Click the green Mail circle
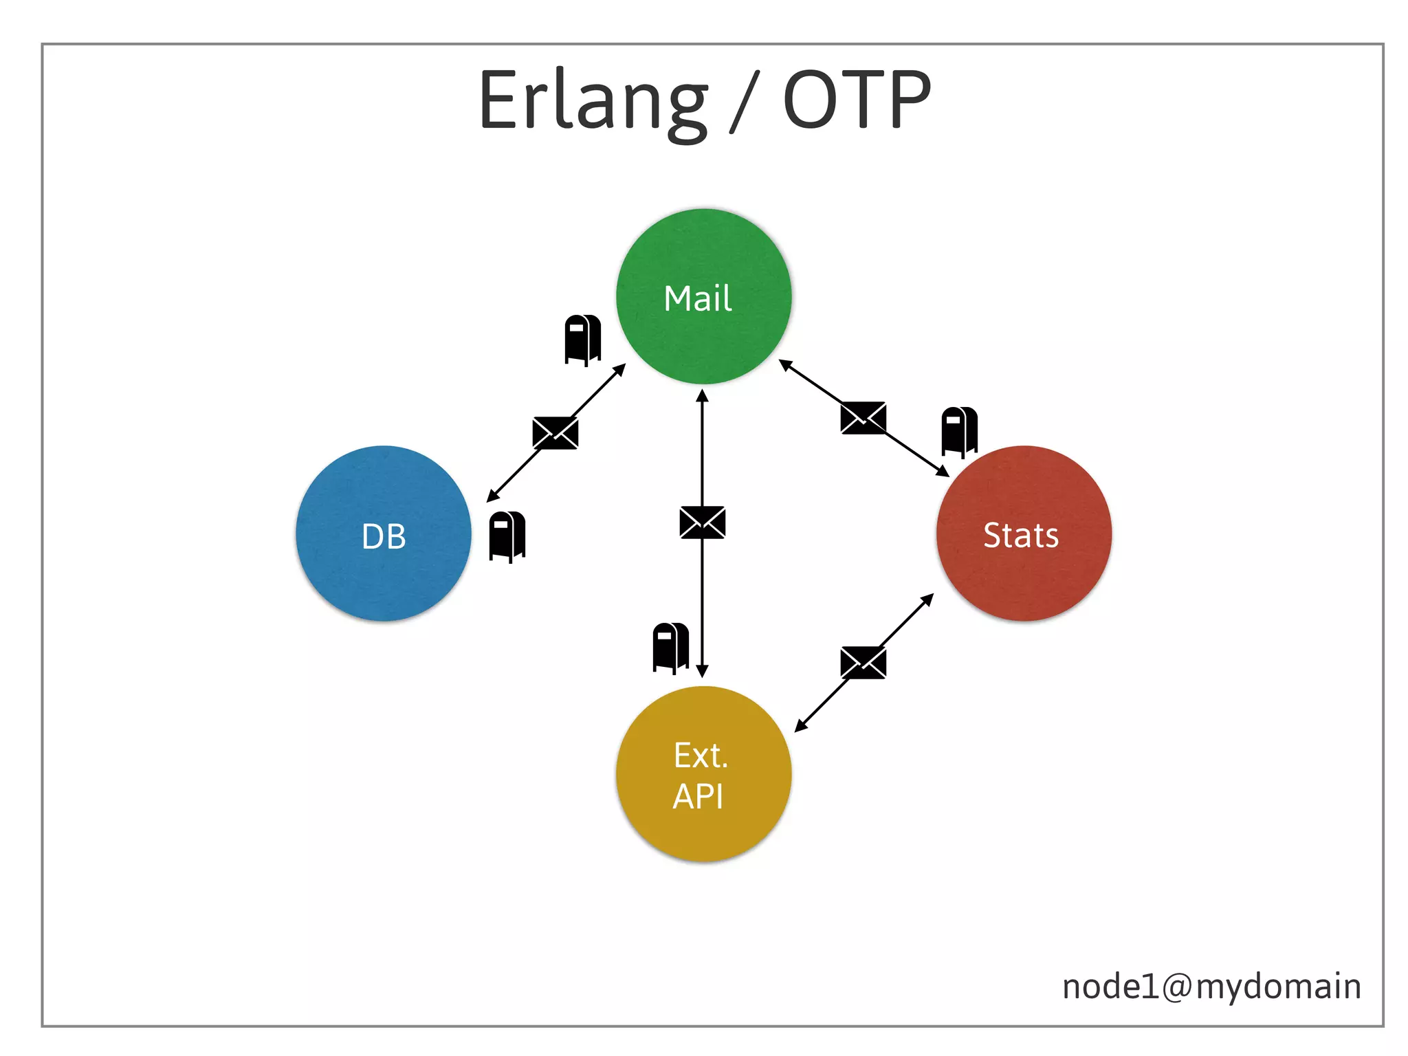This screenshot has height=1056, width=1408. coord(703,297)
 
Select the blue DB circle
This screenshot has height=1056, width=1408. coord(384,534)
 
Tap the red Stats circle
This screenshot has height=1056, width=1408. coord(1024,534)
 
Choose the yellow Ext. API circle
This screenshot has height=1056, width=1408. coord(703,774)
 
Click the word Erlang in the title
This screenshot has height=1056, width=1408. coord(593,102)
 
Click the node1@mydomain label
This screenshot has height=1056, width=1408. coord(1211,987)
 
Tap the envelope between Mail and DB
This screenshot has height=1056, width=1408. coord(555,433)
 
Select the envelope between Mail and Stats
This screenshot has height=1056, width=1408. coord(863,418)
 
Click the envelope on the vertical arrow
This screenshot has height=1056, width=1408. coord(702,522)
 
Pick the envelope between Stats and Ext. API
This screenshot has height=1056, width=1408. coord(863,663)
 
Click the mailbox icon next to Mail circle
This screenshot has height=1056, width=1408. coord(582,340)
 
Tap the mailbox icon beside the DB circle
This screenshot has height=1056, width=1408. coord(507,536)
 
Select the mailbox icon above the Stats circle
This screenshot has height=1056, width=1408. coord(959,431)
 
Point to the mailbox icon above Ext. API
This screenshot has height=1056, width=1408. coord(670,648)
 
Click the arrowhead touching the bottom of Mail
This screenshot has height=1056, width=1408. coord(702,395)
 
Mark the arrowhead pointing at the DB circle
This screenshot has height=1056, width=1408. coord(492,496)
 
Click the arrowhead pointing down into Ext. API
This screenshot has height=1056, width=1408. coord(702,672)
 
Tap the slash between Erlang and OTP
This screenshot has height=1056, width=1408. coord(745,102)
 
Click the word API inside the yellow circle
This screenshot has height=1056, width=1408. coord(698,797)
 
